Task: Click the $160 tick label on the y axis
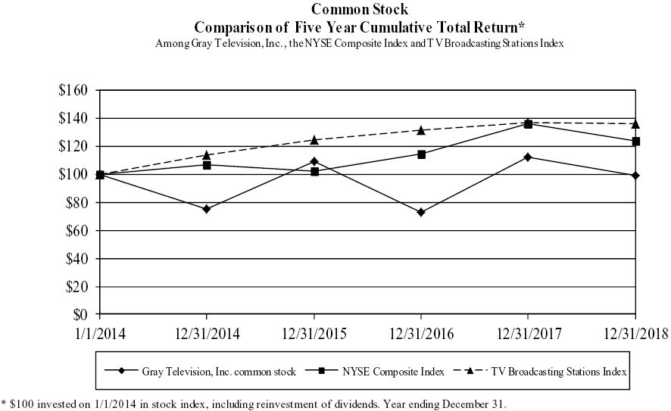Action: point(74,90)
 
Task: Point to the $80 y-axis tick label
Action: point(77,202)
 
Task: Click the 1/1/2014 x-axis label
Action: point(98,333)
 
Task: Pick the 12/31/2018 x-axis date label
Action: point(635,333)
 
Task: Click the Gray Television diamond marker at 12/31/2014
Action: point(206,209)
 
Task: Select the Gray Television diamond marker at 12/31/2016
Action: point(420,212)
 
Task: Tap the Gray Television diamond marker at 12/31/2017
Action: point(528,157)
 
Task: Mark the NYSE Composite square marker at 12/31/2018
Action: point(635,142)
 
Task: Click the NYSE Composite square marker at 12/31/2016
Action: point(420,154)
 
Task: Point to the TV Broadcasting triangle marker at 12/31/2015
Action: point(314,139)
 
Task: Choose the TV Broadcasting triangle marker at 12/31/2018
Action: point(635,123)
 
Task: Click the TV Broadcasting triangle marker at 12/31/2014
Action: point(206,154)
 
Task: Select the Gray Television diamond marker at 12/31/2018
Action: point(635,176)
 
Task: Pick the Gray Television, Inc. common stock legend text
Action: point(208,371)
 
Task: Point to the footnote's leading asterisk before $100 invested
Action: point(3,403)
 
